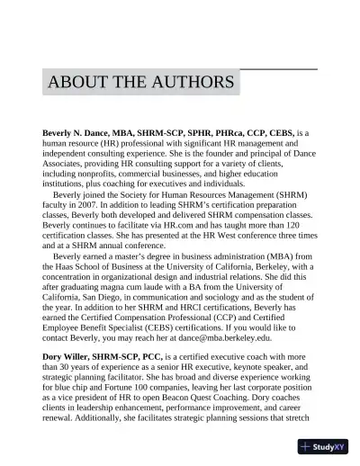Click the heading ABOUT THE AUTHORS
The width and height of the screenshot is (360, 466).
click(141, 83)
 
